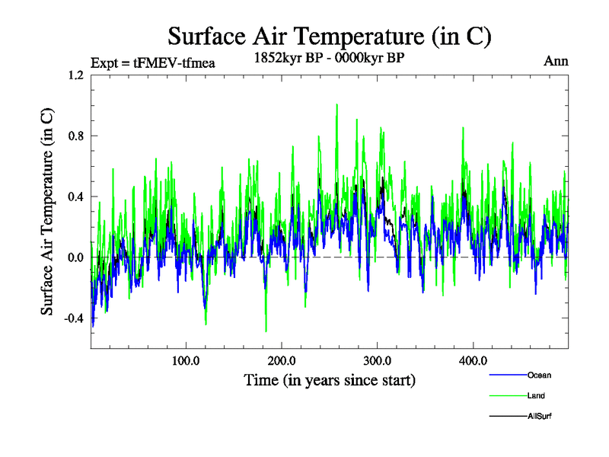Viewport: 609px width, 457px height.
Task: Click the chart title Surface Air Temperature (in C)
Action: (x=330, y=36)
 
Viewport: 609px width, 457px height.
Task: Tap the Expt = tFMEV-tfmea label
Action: (x=152, y=62)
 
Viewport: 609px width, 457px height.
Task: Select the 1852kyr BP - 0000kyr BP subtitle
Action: (x=330, y=57)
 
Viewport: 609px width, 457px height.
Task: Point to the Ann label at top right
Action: (x=556, y=61)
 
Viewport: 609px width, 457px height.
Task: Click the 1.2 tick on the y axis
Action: (x=75, y=75)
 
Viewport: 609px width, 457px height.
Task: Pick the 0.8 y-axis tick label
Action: (x=75, y=136)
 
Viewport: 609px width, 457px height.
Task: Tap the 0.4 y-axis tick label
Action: (x=75, y=197)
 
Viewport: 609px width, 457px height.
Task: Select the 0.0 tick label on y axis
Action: (x=75, y=257)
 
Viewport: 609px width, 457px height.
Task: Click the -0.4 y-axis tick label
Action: (x=74, y=318)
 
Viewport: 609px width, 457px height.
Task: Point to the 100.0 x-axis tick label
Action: (x=186, y=360)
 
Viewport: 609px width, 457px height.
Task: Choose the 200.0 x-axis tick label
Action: (x=282, y=360)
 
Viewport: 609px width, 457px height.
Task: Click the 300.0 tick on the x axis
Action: (x=378, y=360)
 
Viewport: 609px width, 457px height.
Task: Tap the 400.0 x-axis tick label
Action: (x=473, y=360)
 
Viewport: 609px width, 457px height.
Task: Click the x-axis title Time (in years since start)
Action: (x=330, y=379)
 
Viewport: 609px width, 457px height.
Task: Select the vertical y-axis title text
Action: (x=47, y=212)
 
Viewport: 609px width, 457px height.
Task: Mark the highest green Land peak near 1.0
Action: (x=336, y=104)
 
